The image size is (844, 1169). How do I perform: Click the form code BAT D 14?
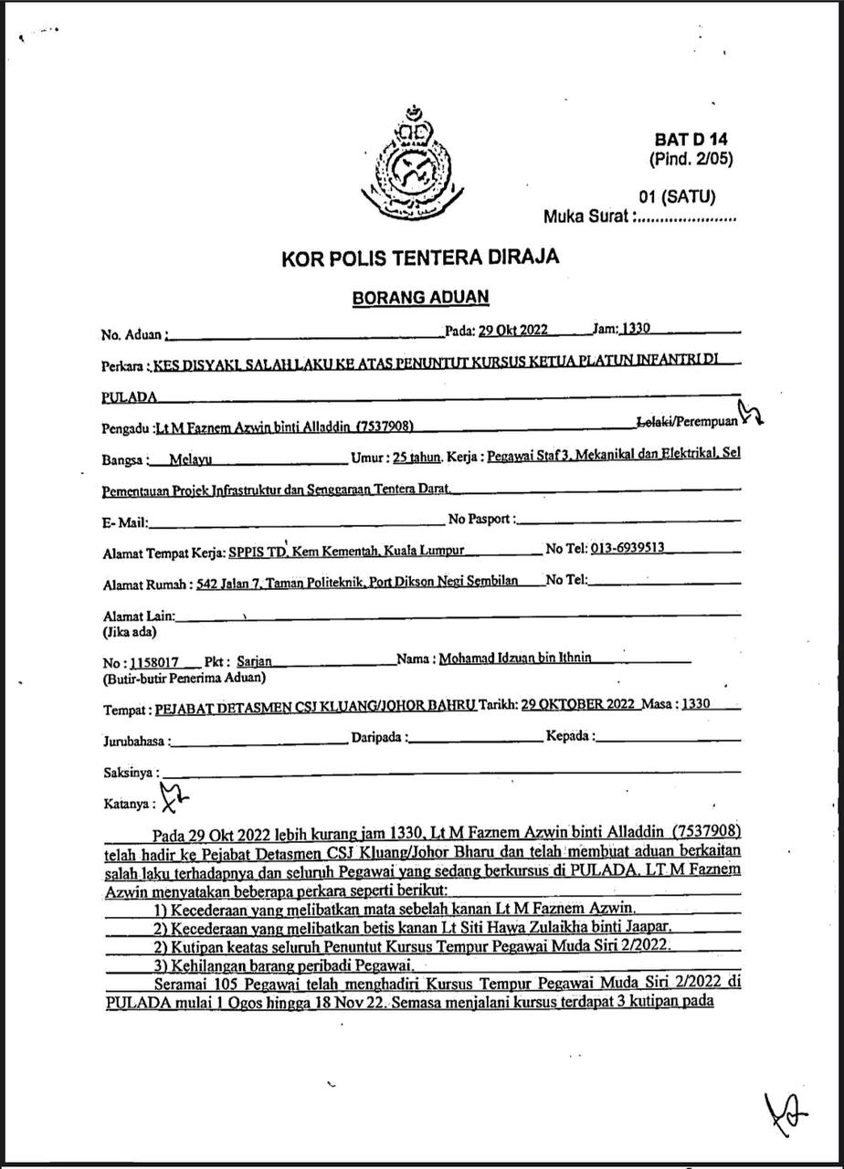[691, 140]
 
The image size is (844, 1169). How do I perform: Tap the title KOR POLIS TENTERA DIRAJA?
[421, 257]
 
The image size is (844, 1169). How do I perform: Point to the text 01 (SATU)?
[677, 196]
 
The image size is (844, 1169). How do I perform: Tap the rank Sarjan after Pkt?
[254, 660]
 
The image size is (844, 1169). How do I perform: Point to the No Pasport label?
[481, 520]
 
